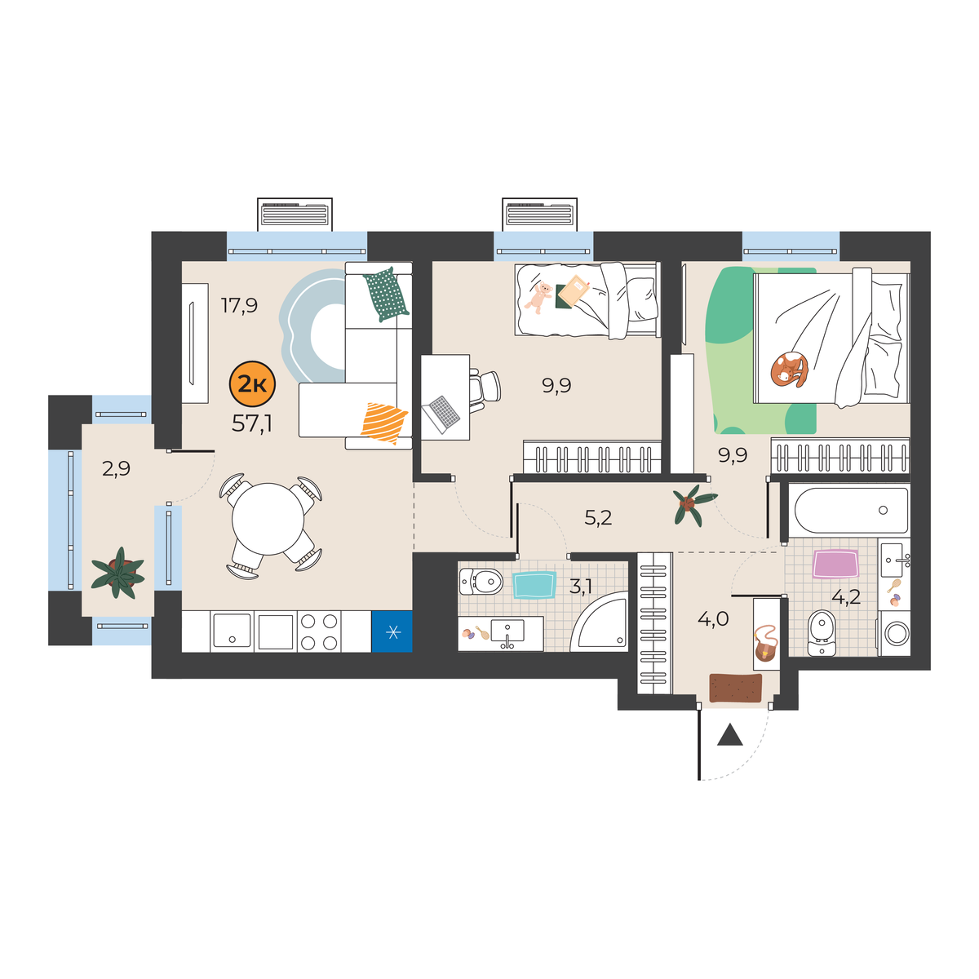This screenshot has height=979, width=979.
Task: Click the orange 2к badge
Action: [x=252, y=384]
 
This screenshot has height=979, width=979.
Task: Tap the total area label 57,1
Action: [x=252, y=423]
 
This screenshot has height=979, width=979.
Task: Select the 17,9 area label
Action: [x=239, y=305]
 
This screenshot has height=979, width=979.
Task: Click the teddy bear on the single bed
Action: [x=538, y=298]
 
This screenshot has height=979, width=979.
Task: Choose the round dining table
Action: [x=268, y=519]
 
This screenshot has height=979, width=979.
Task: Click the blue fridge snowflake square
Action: [x=392, y=631]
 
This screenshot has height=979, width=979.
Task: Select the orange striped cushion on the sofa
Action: [x=383, y=423]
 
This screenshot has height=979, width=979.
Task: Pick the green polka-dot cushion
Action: [x=386, y=295]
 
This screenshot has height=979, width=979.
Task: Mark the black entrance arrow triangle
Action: [x=729, y=735]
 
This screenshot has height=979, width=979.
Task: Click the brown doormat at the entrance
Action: [x=735, y=689]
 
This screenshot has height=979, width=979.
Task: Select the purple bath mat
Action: [x=835, y=564]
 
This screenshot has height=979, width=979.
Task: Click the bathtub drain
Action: [x=883, y=510]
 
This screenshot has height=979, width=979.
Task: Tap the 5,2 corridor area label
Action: [x=598, y=518]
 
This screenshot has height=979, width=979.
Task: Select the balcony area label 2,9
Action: [x=117, y=468]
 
